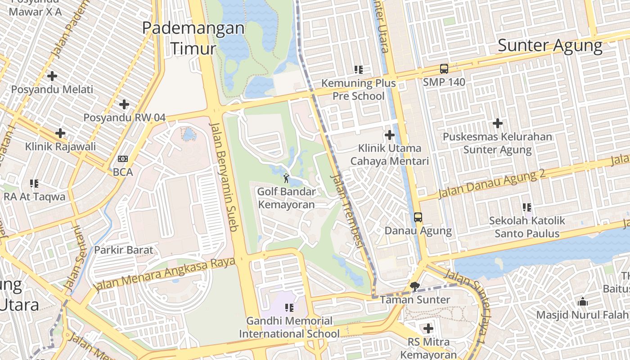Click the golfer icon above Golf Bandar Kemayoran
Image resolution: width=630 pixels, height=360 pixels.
(x=286, y=178)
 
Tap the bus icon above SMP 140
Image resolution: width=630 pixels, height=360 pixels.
(x=444, y=69)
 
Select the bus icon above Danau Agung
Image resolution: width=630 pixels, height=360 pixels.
(x=418, y=217)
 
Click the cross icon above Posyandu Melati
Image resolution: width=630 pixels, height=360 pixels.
(x=52, y=76)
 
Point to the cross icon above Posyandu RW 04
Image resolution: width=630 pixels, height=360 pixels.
(x=124, y=105)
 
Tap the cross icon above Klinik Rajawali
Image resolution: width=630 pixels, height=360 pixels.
(x=60, y=133)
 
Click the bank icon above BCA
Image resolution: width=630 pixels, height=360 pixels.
(x=122, y=159)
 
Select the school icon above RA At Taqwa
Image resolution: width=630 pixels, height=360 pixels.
(x=34, y=184)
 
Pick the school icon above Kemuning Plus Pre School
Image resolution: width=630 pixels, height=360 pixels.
(x=359, y=70)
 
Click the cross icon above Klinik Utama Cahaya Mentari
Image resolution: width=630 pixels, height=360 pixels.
(x=390, y=135)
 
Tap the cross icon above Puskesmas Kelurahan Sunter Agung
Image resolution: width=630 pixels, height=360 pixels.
(x=498, y=123)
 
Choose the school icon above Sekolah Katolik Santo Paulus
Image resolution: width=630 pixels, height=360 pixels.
(x=527, y=207)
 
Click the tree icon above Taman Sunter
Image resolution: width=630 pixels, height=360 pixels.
(x=415, y=287)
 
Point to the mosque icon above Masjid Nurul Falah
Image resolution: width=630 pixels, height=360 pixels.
(x=583, y=301)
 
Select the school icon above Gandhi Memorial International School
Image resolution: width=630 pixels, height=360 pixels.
(x=289, y=308)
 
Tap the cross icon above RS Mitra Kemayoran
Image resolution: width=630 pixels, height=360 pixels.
(x=428, y=328)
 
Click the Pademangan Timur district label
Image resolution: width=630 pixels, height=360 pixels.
(x=193, y=38)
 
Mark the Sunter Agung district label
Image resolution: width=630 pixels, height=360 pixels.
(x=550, y=45)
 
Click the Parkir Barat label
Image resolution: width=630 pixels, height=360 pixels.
(x=124, y=250)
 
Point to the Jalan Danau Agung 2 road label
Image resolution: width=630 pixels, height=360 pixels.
(x=491, y=184)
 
